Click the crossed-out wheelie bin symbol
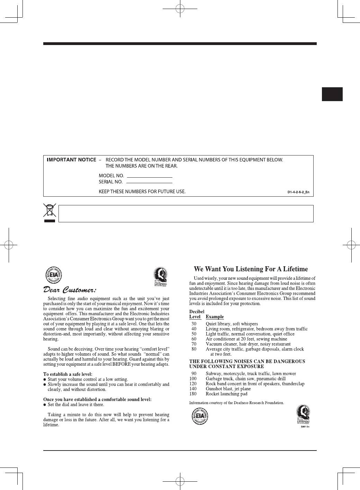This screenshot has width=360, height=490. pyautogui.click(x=49, y=213)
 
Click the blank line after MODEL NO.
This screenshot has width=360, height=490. pyautogui.click(x=150, y=177)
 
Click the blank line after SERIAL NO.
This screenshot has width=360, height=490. pyautogui.click(x=150, y=182)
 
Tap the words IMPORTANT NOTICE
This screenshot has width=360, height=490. pyautogui.click(x=71, y=160)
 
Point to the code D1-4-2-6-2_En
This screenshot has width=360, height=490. pyautogui.click(x=298, y=192)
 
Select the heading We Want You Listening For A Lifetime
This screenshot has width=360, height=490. pyautogui.click(x=251, y=269)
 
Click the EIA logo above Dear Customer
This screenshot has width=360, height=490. pyautogui.click(x=54, y=276)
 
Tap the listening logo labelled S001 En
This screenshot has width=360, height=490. pyautogui.click(x=303, y=416)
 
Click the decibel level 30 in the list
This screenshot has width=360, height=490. pyautogui.click(x=194, y=324)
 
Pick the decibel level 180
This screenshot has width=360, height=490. pyautogui.click(x=193, y=394)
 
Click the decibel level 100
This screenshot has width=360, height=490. pyautogui.click(x=193, y=378)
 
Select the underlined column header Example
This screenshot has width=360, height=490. pyautogui.click(x=215, y=317)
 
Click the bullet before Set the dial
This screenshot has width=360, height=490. pyautogui.click(x=45, y=405)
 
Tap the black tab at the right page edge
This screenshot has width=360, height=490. pyautogui.click(x=332, y=94)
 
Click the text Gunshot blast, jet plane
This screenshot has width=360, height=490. pyautogui.click(x=228, y=389)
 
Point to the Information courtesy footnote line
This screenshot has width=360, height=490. pyautogui.click(x=236, y=403)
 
